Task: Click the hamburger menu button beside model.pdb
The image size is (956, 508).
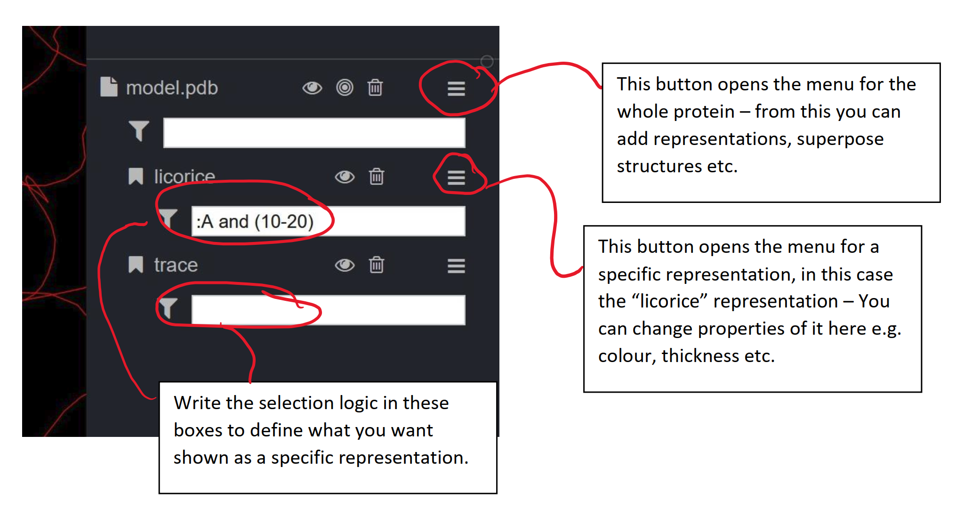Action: pyautogui.click(x=456, y=89)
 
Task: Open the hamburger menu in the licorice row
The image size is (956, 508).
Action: pyautogui.click(x=456, y=177)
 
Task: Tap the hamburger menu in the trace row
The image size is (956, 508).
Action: pyautogui.click(x=456, y=266)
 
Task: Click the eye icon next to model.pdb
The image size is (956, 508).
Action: pyautogui.click(x=312, y=88)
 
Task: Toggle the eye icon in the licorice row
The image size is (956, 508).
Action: pyautogui.click(x=345, y=177)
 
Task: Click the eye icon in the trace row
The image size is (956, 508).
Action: pyautogui.click(x=345, y=266)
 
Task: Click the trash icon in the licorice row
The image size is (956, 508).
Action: pyautogui.click(x=377, y=177)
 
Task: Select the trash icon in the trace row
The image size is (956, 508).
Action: pyautogui.click(x=377, y=265)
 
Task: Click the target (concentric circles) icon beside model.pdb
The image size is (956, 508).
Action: pyautogui.click(x=345, y=88)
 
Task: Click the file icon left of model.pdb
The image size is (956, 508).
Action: pyautogui.click(x=109, y=87)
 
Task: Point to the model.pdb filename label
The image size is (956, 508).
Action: pyautogui.click(x=172, y=88)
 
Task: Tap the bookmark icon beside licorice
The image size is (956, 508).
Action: pyautogui.click(x=136, y=177)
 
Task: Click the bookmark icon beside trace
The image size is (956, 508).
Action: pyautogui.click(x=136, y=265)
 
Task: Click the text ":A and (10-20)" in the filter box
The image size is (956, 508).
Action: pyautogui.click(x=255, y=221)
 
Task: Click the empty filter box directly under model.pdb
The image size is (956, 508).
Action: pyautogui.click(x=314, y=133)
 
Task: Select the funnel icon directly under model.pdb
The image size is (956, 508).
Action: pyautogui.click(x=139, y=131)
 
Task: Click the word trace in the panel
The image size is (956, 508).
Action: pyautogui.click(x=176, y=265)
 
